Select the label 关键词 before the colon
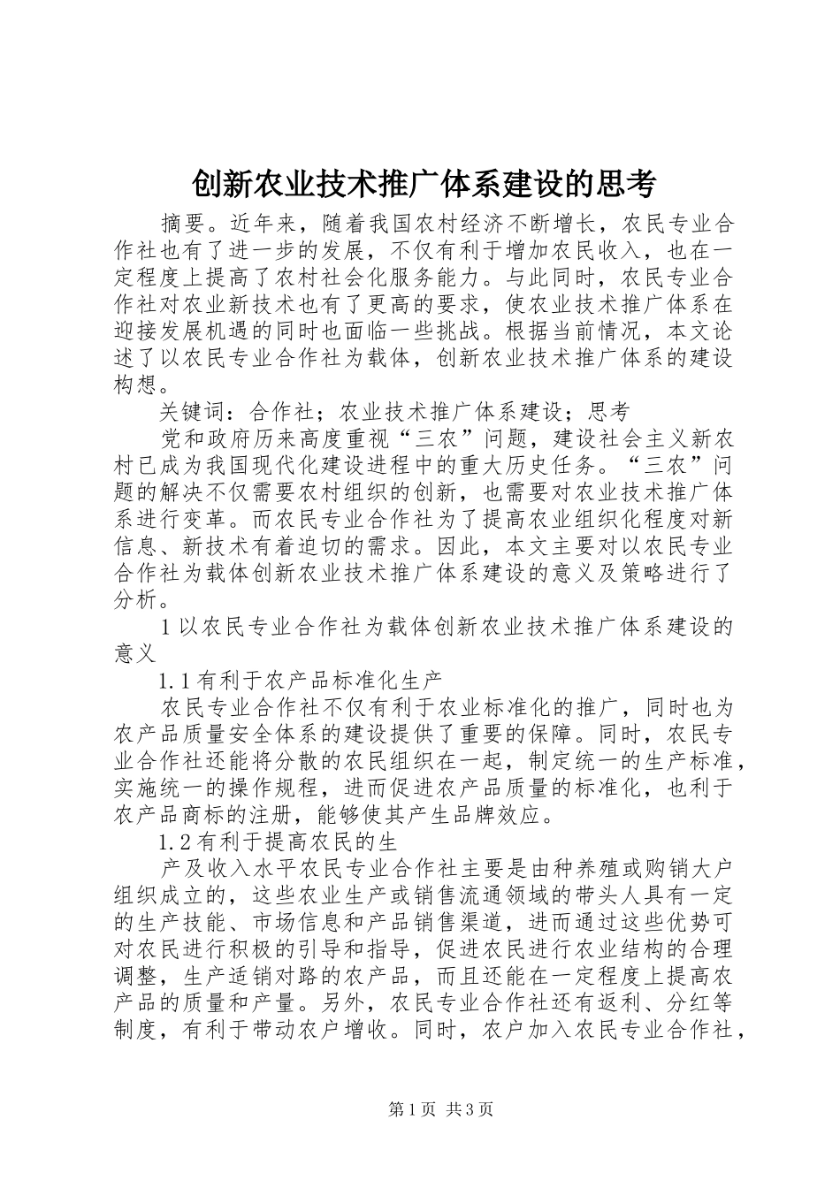point(194,411)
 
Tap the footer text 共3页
point(470,1109)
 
